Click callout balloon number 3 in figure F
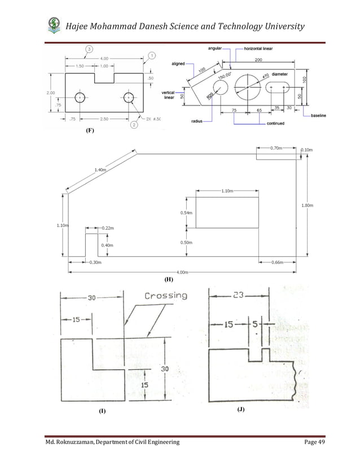click(x=89, y=49)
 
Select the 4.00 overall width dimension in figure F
click(x=105, y=58)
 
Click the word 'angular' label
click(x=214, y=49)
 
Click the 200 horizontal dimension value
click(x=258, y=59)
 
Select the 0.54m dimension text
click(x=186, y=213)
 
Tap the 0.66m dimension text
click(x=277, y=262)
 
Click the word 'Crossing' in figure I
click(x=166, y=295)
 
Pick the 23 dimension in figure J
click(x=239, y=294)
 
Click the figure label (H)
click(x=168, y=279)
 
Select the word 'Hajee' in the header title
click(x=81, y=27)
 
